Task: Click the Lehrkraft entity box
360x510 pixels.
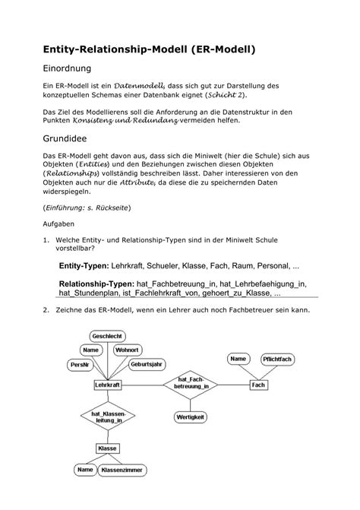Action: (x=108, y=385)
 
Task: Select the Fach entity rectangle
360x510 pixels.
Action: (x=257, y=385)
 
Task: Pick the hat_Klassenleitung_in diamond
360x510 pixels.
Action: (x=107, y=417)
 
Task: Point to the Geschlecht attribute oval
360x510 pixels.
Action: (x=108, y=335)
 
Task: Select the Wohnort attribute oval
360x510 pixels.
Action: (x=128, y=350)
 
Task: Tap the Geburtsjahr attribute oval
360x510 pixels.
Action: (x=147, y=364)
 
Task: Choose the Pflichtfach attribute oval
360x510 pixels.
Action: (x=277, y=358)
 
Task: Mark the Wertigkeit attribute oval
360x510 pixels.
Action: (x=191, y=418)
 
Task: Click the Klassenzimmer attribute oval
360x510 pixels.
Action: (x=122, y=470)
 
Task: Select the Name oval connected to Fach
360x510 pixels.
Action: (x=238, y=358)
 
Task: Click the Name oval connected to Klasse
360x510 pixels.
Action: (x=83, y=470)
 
